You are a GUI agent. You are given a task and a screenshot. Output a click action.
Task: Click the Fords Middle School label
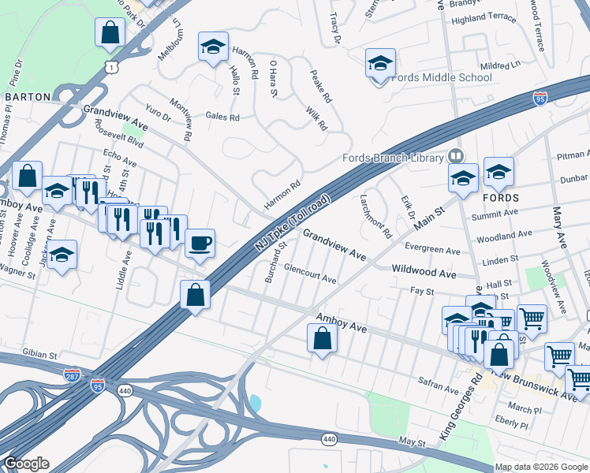[442, 77]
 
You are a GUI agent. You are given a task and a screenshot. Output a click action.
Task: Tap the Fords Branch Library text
[393, 158]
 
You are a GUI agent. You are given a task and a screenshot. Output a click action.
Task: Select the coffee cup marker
[200, 243]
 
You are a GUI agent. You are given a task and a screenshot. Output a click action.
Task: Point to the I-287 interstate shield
[72, 374]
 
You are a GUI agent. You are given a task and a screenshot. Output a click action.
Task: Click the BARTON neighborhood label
[28, 97]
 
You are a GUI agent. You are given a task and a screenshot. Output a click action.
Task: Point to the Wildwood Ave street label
[424, 273]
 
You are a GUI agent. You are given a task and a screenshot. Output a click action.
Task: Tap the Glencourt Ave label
[310, 274]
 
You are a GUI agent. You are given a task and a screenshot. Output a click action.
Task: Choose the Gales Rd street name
[222, 117]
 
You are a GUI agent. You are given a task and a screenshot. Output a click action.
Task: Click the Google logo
[25, 464]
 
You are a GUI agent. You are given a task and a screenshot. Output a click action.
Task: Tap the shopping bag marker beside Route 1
[110, 34]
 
